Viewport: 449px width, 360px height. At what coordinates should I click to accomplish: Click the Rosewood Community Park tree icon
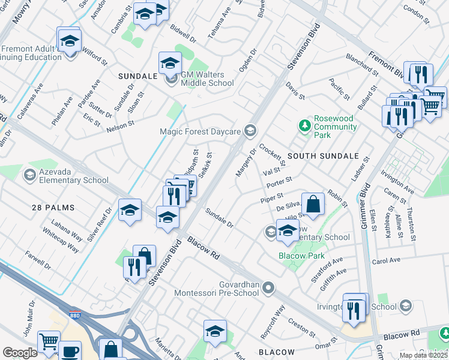(x=304, y=126)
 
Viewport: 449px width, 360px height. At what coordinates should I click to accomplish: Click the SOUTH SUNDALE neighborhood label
(x=315, y=156)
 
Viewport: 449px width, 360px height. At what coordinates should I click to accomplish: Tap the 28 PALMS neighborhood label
(x=53, y=208)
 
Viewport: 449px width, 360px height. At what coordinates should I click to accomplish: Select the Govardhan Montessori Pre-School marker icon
(x=268, y=289)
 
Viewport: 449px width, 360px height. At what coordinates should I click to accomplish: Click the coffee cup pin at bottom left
(x=70, y=350)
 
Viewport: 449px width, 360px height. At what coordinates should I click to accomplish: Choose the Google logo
(x=19, y=353)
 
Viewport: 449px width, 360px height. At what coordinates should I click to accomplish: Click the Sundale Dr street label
(x=219, y=217)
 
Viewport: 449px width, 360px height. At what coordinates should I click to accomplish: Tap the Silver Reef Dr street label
(x=100, y=224)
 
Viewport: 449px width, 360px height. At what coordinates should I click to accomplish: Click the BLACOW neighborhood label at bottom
(x=277, y=352)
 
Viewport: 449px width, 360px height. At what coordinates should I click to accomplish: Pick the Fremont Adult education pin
(x=70, y=41)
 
